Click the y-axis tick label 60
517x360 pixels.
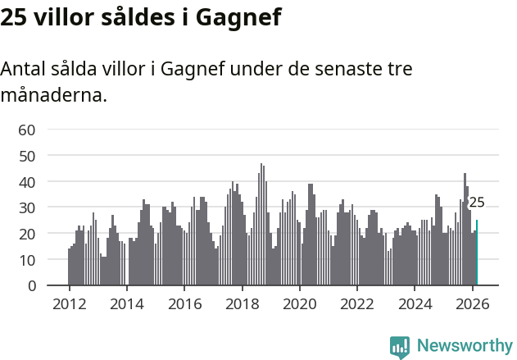[x=27, y=129]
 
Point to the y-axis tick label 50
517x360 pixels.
[x=27, y=155]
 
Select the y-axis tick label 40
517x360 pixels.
[x=27, y=181]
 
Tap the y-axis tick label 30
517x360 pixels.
[x=27, y=207]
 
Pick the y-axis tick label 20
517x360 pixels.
[x=27, y=234]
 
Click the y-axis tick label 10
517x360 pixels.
[x=27, y=260]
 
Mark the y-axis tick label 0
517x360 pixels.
[x=31, y=286]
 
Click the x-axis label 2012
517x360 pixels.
[x=69, y=303]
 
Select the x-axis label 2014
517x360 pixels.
[x=126, y=303]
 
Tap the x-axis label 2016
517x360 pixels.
[x=184, y=303]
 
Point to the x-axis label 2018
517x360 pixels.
[x=242, y=303]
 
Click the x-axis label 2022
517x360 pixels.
[x=357, y=303]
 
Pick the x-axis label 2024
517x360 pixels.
[x=415, y=303]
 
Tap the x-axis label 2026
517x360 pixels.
[x=472, y=303]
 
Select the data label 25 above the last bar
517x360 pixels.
[x=477, y=203]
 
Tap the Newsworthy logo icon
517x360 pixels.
[x=400, y=347]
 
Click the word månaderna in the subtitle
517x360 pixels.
[x=53, y=95]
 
